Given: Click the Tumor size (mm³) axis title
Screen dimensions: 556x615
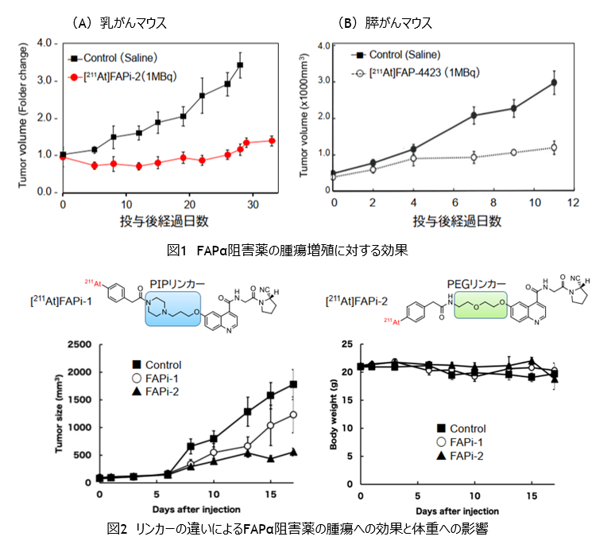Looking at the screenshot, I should coord(60,414).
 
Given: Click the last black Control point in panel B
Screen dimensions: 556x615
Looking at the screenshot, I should coord(554,83).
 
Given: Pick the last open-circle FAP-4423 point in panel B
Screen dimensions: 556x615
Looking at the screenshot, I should coord(554,147).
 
